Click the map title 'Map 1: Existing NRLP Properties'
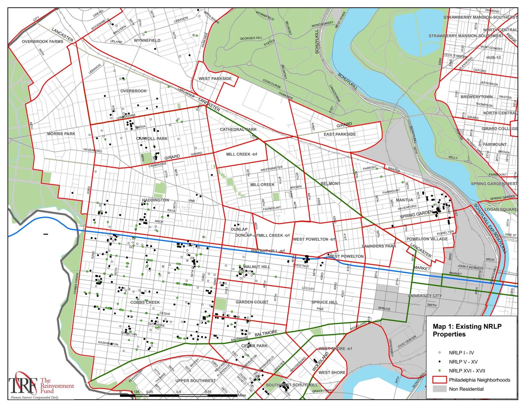tap(467, 330)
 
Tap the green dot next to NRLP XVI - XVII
tap(439, 371)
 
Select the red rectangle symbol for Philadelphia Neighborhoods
tap(439, 380)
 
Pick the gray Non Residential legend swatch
tap(439, 389)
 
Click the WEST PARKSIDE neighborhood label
tap(215, 78)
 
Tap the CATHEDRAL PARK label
tap(238, 129)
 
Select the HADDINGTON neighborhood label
tap(155, 200)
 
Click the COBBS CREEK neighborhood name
tap(145, 302)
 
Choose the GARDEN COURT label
tap(252, 302)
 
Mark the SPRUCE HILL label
tap(324, 302)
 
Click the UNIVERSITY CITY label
tap(425, 295)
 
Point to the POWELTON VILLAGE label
tap(427, 239)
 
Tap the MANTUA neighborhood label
tap(404, 200)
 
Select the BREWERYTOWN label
tap(476, 97)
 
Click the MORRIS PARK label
tap(61, 133)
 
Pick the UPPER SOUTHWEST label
tap(195, 381)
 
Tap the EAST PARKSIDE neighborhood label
tap(339, 134)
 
